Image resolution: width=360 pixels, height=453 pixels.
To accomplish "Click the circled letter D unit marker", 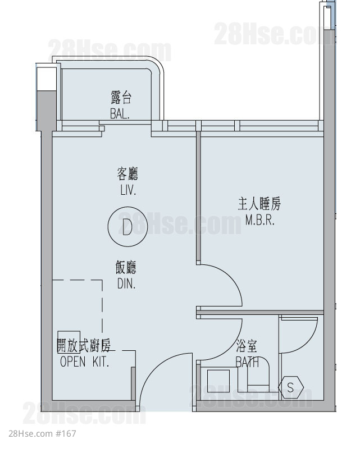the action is (x=127, y=227).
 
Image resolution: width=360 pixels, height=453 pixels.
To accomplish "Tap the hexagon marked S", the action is (x=290, y=387).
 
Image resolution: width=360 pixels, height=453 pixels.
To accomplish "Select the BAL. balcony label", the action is (x=120, y=113).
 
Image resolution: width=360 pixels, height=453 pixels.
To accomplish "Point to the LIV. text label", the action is (x=128, y=190).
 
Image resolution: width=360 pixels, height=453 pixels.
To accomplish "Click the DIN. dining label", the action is (x=126, y=283).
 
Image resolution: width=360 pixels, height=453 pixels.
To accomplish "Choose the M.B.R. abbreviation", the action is (x=259, y=220).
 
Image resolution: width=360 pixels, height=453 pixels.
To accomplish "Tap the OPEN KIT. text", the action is (x=84, y=362).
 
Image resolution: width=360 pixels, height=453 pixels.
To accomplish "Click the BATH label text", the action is (x=247, y=362).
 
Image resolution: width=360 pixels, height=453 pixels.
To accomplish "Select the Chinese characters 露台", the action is (x=121, y=97).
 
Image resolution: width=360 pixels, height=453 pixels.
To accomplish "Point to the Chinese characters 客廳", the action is (x=127, y=173).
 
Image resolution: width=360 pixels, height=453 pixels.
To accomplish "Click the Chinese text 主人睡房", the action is (x=259, y=203).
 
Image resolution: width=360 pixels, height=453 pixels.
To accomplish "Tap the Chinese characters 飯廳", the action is (x=126, y=267).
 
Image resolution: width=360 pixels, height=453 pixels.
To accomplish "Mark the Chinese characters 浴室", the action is (x=247, y=346).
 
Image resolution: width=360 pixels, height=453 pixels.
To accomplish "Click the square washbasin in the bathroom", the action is (x=218, y=381).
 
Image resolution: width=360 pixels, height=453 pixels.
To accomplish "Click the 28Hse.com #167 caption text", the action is (x=42, y=433).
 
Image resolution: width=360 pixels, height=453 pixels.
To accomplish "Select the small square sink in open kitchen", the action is (x=69, y=342).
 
